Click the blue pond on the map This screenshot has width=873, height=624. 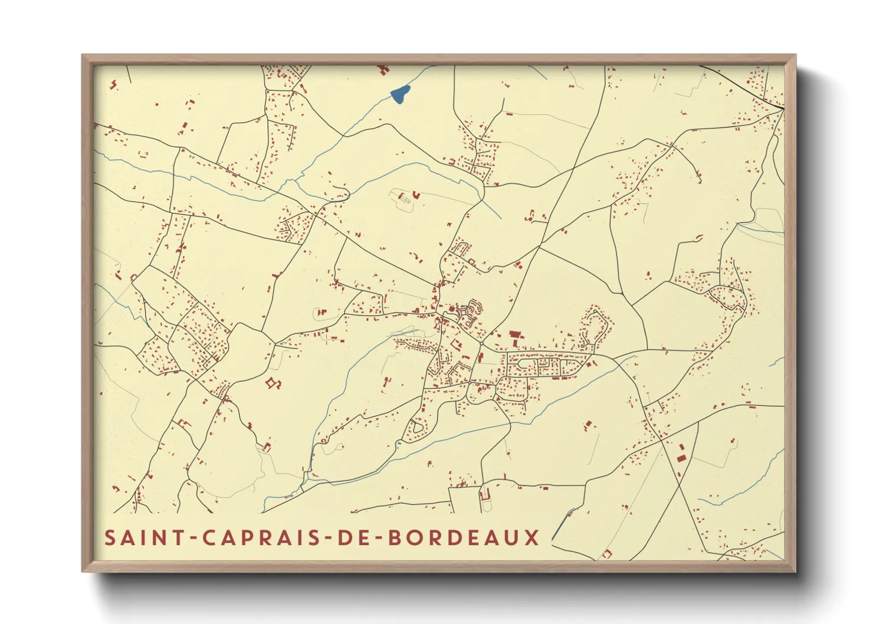pyautogui.click(x=400, y=94)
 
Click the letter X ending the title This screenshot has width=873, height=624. pyautogui.click(x=532, y=538)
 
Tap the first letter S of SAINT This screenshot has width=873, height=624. pyautogui.click(x=110, y=538)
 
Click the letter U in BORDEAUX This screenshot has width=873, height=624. pyautogui.click(x=512, y=538)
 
